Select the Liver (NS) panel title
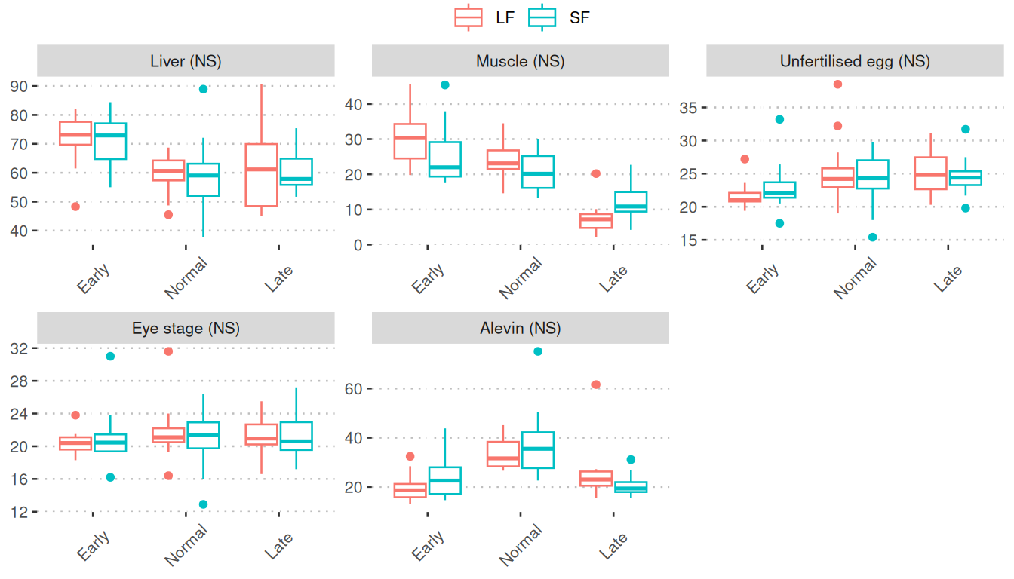(186, 61)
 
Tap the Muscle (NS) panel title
(521, 61)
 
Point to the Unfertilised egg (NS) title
(855, 61)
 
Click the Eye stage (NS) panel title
(186, 328)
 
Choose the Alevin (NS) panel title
(521, 328)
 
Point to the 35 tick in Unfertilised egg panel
(687, 108)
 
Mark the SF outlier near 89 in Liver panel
(203, 89)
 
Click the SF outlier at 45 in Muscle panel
(445, 85)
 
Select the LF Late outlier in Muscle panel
(596, 173)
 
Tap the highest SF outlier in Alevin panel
(538, 351)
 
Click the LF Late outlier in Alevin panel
(596, 384)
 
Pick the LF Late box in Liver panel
(261, 174)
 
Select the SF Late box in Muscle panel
(631, 201)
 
